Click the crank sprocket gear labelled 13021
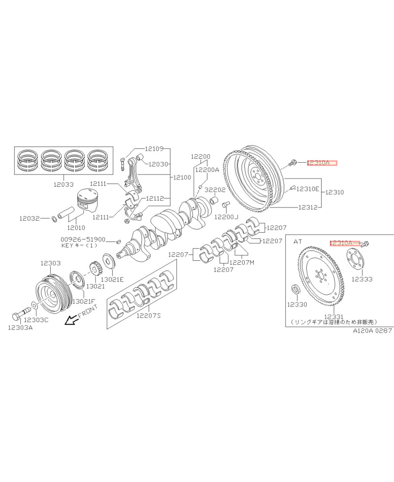[x=95, y=270]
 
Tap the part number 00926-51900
[x=83, y=239]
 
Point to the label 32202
[x=215, y=189]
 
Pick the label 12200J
[x=226, y=216]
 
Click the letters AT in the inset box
[x=297, y=242]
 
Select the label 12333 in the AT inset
[x=361, y=279]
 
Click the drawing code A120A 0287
[x=372, y=331]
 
